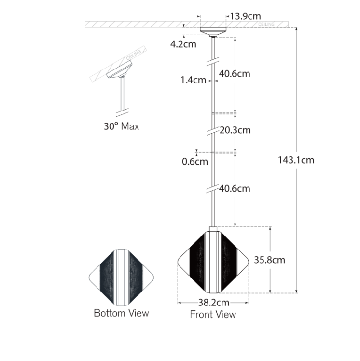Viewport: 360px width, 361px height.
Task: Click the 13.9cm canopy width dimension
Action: tap(245, 16)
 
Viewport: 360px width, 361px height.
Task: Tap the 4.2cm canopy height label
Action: tap(183, 44)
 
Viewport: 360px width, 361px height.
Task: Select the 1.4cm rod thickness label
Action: tap(193, 80)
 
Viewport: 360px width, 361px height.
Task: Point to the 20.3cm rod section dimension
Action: tap(235, 130)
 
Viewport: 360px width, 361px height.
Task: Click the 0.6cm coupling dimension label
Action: tap(195, 161)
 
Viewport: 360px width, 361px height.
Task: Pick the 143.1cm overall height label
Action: tap(296, 160)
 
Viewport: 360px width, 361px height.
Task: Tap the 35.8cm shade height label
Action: tap(270, 260)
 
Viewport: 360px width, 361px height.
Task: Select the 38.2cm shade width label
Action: tap(214, 303)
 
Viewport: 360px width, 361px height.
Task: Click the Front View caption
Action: tap(213, 314)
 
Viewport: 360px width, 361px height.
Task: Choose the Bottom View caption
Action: tap(121, 313)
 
